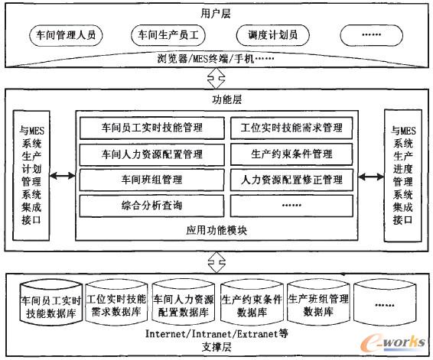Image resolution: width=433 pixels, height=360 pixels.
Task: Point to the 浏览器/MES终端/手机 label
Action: tap(216, 58)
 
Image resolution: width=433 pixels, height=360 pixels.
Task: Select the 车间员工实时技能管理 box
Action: tap(146, 128)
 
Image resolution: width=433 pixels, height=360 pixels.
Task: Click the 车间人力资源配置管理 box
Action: tap(146, 154)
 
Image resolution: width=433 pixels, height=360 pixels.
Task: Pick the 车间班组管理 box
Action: tap(146, 180)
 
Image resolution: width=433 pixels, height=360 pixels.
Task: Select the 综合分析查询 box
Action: tap(146, 206)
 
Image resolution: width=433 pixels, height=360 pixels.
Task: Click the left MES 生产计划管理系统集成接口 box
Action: tap(31, 177)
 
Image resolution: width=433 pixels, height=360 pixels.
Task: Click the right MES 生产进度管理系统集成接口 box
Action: tap(402, 177)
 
